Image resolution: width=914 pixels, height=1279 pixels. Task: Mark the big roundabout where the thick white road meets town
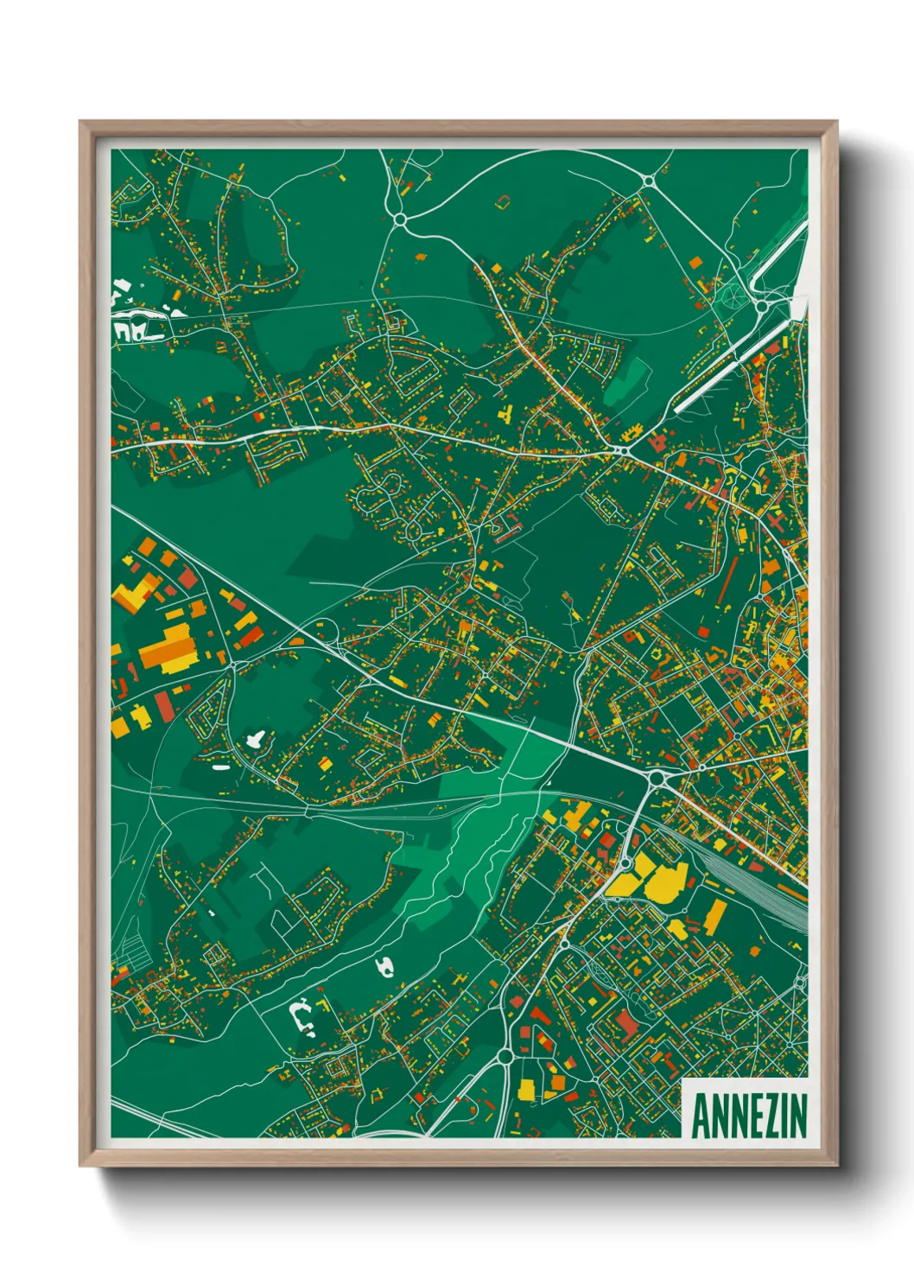pos(656,779)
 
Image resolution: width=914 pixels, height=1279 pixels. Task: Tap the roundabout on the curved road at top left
pos(400,220)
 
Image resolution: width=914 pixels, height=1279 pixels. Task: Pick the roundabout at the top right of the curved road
pos(648,181)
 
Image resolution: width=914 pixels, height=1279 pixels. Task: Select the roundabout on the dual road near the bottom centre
pos(505,1056)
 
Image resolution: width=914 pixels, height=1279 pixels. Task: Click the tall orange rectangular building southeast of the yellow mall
pos(715,916)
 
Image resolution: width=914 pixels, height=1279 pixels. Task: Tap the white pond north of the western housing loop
pos(255,739)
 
